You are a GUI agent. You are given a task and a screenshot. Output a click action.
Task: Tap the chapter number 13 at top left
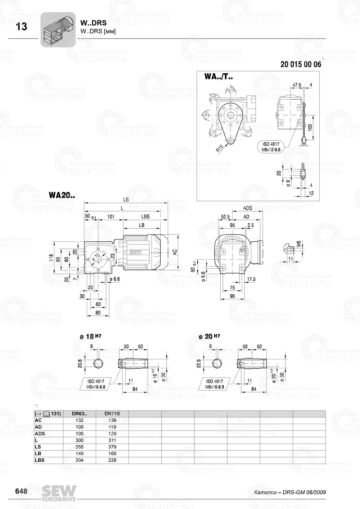[x=22, y=27]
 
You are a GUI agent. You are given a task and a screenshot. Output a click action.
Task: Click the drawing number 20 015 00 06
[x=300, y=65]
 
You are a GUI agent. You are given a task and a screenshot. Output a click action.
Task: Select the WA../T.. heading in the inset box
[x=219, y=77]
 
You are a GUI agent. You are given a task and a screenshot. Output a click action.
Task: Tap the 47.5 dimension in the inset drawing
[x=297, y=85]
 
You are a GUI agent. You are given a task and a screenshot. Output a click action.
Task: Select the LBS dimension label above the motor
[x=145, y=217]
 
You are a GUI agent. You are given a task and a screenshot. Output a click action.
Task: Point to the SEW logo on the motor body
[x=135, y=252]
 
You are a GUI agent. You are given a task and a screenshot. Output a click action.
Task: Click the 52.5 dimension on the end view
[x=225, y=217]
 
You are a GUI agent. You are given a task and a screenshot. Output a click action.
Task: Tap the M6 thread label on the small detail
[x=298, y=245]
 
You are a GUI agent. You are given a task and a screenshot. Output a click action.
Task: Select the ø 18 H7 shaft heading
[x=90, y=336]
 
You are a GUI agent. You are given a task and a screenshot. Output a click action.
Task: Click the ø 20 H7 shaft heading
[x=209, y=336]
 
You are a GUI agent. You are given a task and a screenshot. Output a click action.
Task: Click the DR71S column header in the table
[x=112, y=414]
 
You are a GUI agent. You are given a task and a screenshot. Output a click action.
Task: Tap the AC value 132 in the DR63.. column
[x=80, y=420]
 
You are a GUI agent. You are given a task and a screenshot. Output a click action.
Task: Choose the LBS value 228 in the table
[x=112, y=460]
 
